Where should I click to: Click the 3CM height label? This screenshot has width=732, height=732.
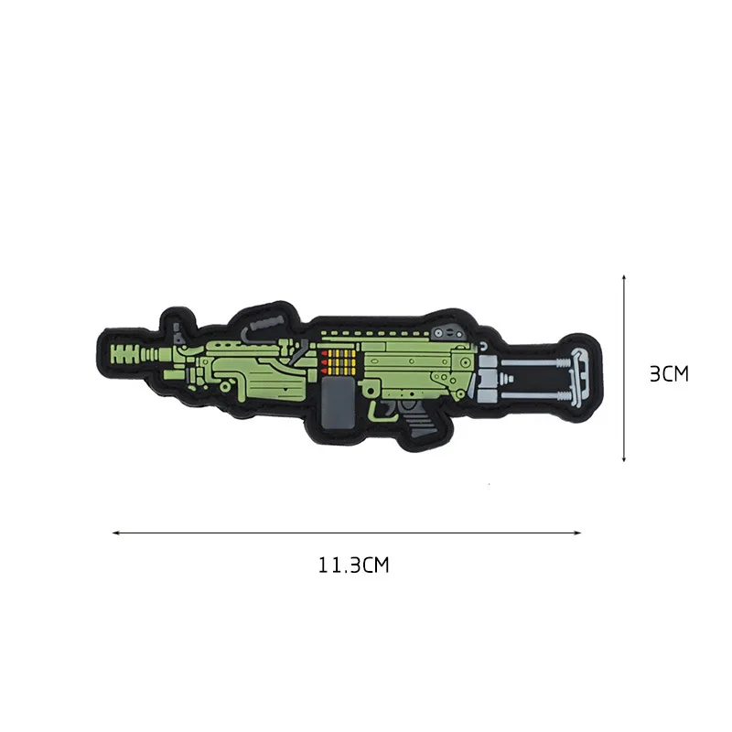[x=667, y=374]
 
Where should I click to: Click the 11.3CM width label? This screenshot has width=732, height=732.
[x=354, y=565]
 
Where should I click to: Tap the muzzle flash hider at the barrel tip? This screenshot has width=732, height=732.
[x=128, y=351]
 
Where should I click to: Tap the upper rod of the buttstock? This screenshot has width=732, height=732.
[x=535, y=358]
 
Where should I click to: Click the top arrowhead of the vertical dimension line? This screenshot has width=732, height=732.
[x=623, y=275]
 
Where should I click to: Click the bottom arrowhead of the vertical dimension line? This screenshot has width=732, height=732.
[x=623, y=460]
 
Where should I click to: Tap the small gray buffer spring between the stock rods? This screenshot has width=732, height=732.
[x=489, y=374]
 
